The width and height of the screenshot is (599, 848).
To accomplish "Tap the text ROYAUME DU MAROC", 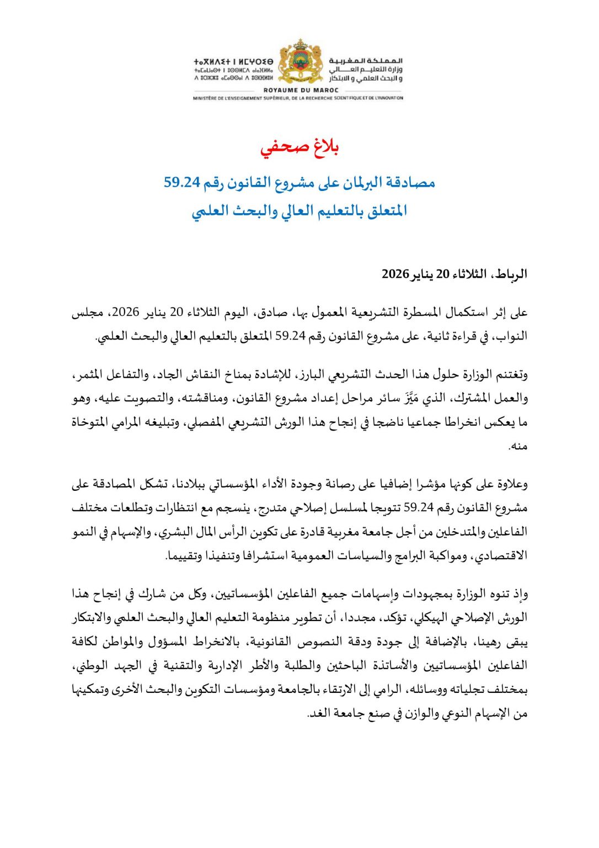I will pos(301,90).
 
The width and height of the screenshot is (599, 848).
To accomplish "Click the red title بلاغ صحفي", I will pos(299,148).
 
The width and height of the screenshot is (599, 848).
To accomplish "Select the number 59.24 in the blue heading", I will pos(181,182).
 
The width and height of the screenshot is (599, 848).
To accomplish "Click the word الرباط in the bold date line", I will pos(512,274).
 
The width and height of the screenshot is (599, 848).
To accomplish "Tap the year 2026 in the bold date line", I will pos(395,274).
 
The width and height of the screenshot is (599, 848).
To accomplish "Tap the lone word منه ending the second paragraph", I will pos(518,446).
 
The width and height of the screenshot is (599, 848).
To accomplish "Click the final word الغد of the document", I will pos(317,713).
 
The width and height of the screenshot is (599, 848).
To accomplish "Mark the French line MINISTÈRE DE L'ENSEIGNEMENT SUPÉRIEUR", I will pos(298,98).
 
